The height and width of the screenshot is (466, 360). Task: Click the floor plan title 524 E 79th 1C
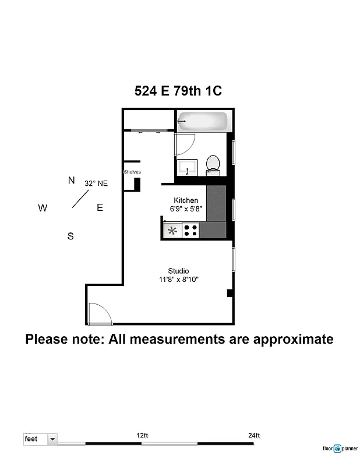point(178,91)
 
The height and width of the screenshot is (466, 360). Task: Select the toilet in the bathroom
point(213,165)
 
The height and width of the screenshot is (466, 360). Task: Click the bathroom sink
point(188,167)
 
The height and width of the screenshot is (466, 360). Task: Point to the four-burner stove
point(190,230)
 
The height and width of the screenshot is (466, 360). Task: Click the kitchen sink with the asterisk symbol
point(173,230)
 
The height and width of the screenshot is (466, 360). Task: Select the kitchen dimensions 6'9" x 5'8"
point(186,209)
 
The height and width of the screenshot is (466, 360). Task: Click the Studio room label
point(178,271)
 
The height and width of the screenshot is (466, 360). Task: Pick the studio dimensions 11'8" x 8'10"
point(179,280)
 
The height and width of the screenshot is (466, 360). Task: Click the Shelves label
point(132,172)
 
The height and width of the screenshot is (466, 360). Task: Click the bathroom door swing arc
point(185,143)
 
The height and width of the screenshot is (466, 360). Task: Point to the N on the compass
point(71,181)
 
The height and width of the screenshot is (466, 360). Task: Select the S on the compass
point(70,236)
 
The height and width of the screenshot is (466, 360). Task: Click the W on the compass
point(43,208)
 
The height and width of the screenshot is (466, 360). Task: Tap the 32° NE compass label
point(96,183)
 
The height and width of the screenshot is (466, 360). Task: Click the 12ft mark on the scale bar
point(142,435)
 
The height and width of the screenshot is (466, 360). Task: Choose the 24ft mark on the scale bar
point(254,435)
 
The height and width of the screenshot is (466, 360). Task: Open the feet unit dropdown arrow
point(52,439)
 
